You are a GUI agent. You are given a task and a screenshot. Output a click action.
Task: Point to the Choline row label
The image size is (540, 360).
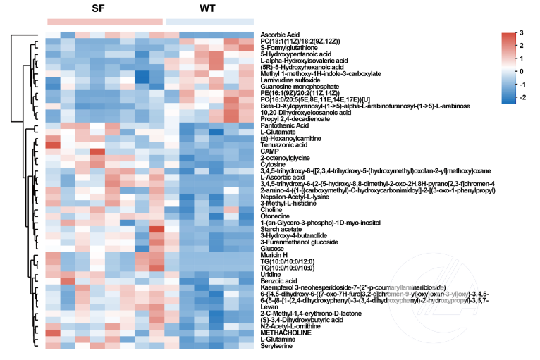(272, 209)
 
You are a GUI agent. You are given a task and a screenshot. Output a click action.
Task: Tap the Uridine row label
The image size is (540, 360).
(271, 274)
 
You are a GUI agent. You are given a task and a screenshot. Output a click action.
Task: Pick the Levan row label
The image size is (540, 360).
(270, 306)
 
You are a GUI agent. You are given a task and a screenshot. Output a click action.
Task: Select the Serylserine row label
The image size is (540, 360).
(277, 345)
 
